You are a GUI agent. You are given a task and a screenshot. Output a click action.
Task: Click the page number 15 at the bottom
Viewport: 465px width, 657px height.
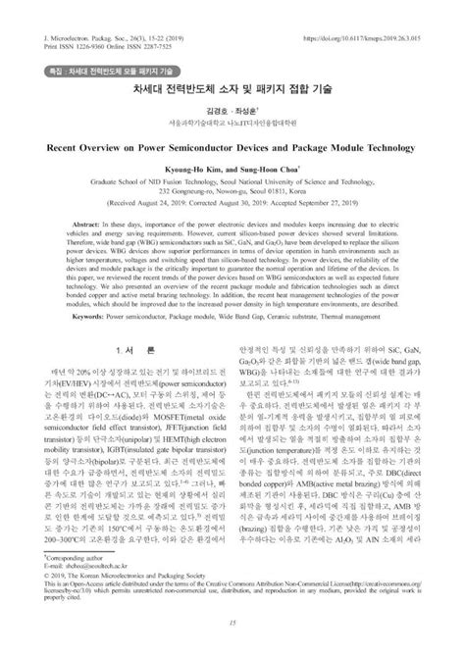[232, 641]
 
